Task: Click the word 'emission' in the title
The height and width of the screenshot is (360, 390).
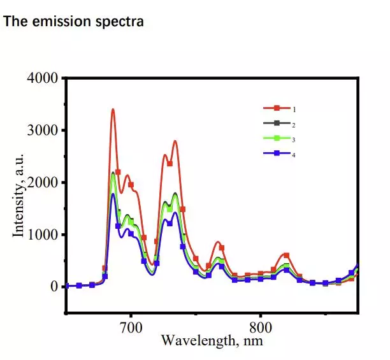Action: pos(55,21)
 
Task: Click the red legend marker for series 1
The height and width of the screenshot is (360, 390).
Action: pos(278,110)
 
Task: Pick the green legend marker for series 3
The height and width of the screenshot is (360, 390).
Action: pos(278,139)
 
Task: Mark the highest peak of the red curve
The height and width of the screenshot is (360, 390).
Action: pos(113,110)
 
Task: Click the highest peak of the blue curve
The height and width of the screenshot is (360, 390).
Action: pos(113,194)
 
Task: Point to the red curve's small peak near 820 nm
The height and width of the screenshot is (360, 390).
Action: pos(286,255)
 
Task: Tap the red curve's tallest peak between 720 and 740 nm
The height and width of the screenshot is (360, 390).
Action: pos(175,141)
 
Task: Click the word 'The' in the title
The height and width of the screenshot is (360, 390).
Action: pos(13,21)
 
